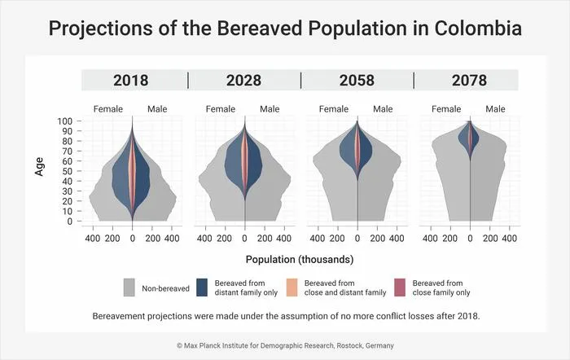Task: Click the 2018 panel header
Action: tap(131, 81)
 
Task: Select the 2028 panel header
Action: tap(243, 81)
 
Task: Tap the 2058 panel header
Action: tap(357, 81)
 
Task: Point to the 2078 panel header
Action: tap(469, 81)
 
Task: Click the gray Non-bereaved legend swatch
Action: tap(129, 288)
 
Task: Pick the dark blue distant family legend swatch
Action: tap(202, 288)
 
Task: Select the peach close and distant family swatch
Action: tap(292, 288)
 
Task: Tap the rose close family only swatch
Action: tap(400, 288)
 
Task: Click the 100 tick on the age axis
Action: tap(64, 121)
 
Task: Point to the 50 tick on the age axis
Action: tap(68, 171)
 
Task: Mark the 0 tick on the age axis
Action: tap(70, 221)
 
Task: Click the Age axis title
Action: tap(39, 167)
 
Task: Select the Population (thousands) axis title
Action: tap(300, 260)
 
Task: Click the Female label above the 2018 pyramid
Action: tap(108, 109)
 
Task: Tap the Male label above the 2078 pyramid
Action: tap(495, 109)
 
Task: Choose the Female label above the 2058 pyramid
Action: tap(334, 109)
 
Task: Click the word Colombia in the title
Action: tap(478, 29)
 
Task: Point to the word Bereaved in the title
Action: tap(260, 29)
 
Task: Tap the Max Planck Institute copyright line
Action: tap(285, 345)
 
